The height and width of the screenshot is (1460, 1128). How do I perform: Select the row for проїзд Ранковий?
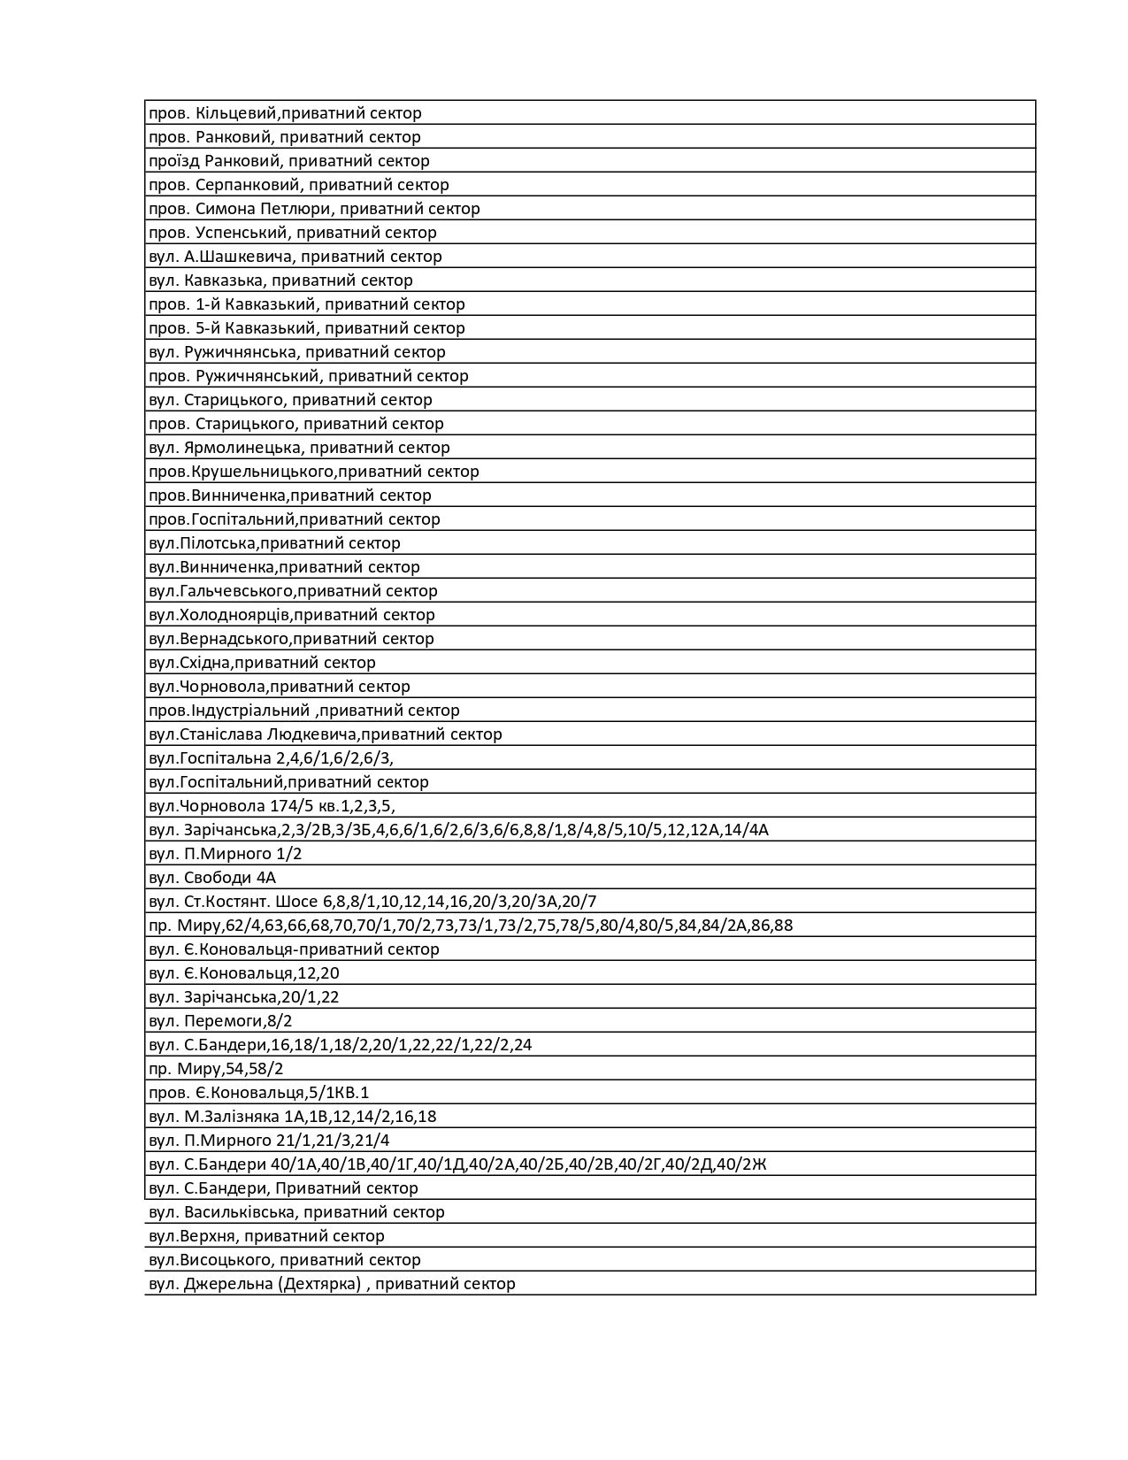(x=288, y=161)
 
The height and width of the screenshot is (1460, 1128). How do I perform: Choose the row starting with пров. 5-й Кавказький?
(x=306, y=328)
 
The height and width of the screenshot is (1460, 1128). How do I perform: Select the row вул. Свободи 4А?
(x=212, y=878)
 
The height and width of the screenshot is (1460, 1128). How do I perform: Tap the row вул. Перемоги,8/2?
(x=220, y=1021)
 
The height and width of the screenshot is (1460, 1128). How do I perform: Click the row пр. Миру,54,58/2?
(x=216, y=1069)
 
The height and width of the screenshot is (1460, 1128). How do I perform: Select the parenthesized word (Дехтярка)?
(x=319, y=1284)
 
